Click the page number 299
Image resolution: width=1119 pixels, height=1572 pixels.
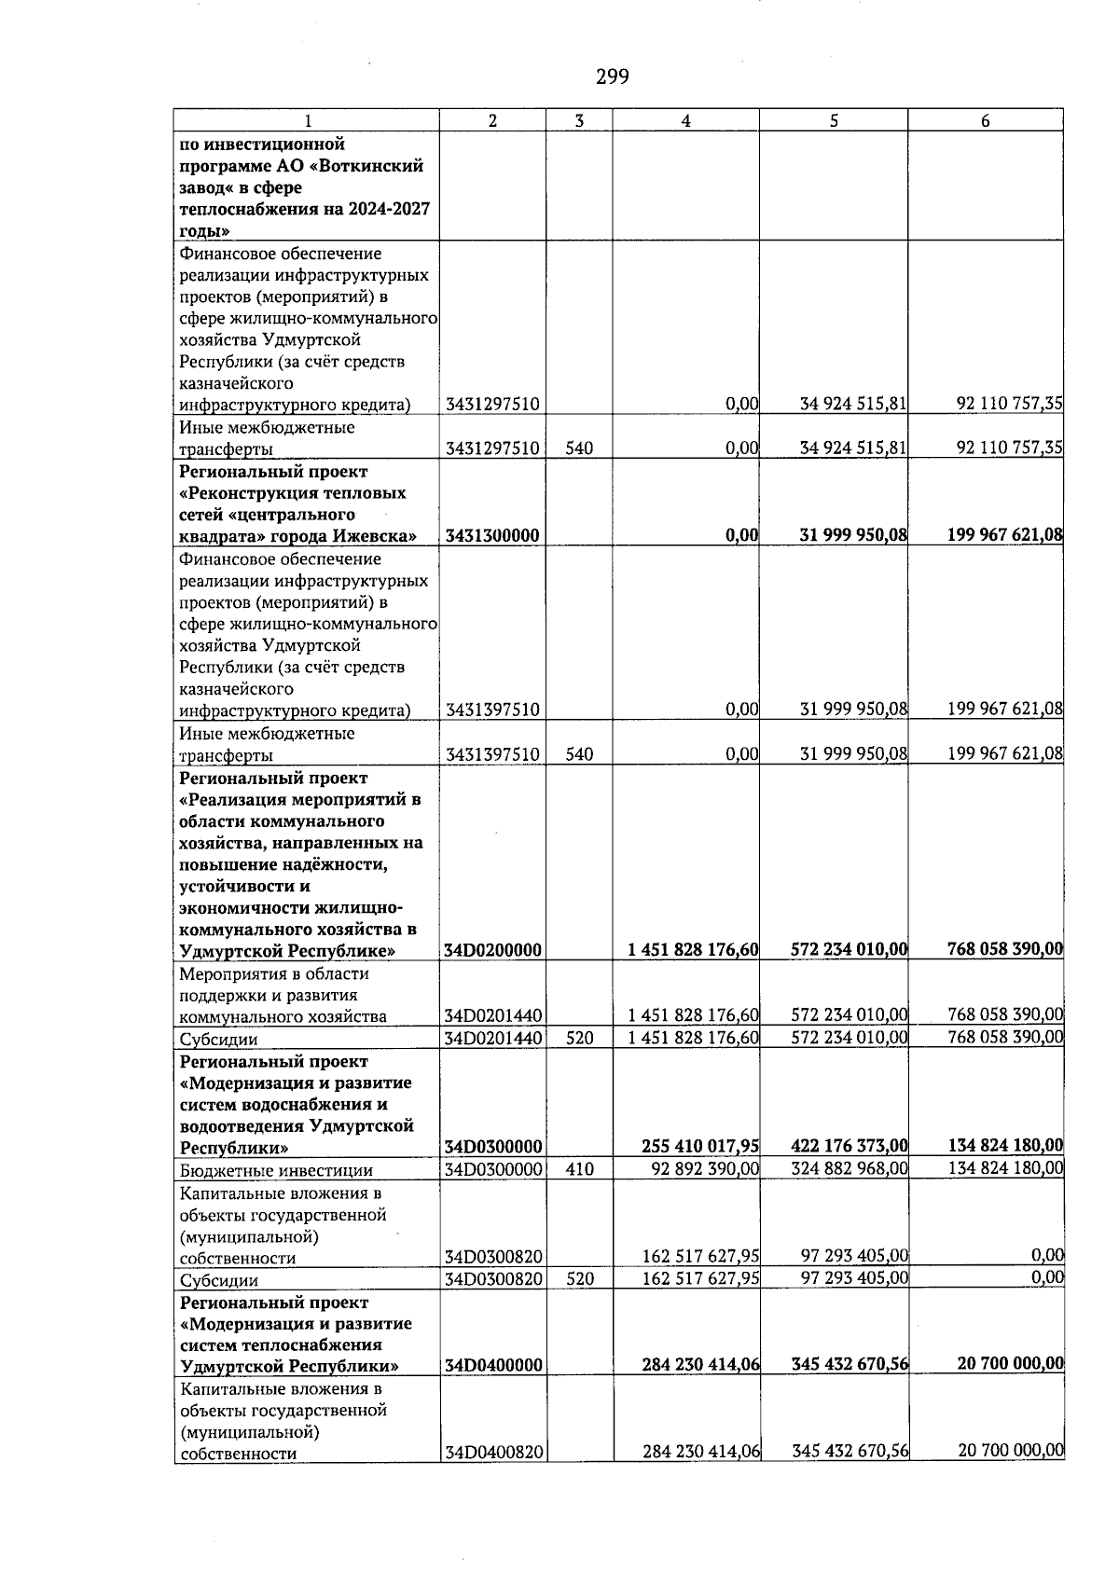[x=612, y=76]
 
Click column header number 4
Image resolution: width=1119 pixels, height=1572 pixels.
[x=685, y=120]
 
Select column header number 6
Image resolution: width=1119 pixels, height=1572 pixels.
[x=985, y=120]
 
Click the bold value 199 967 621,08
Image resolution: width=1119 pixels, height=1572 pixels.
[x=1005, y=534]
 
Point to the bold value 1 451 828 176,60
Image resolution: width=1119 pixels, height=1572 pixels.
[x=693, y=949]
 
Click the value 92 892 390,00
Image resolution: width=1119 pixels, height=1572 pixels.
[x=701, y=1169]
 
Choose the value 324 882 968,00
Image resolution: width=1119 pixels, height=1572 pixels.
[x=850, y=1169]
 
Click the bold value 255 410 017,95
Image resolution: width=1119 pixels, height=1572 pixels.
[x=700, y=1146]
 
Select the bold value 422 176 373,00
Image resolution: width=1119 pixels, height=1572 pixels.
[x=850, y=1146]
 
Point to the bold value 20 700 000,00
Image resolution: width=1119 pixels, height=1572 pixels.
[x=1011, y=1363]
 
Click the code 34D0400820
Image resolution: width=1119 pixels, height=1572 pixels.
[x=494, y=1453]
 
